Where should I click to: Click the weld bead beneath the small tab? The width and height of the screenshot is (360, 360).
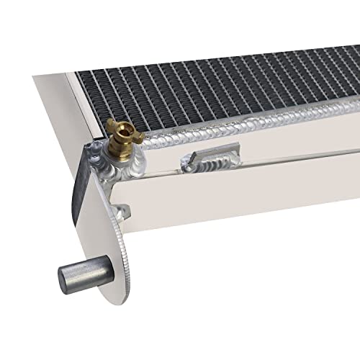click(x=205, y=165)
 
